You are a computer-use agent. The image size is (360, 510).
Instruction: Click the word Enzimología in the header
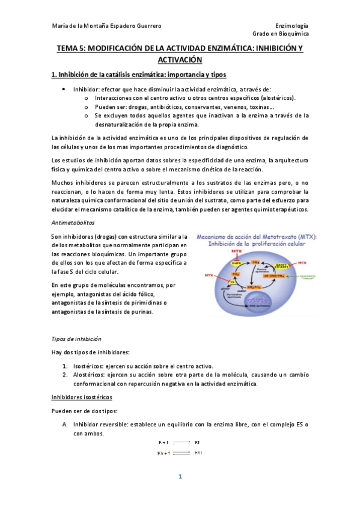[291, 26]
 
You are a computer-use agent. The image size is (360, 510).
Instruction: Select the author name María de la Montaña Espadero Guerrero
[107, 26]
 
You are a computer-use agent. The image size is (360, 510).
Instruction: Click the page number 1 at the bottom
[180, 477]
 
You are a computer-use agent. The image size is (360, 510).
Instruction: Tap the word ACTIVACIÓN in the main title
[180, 60]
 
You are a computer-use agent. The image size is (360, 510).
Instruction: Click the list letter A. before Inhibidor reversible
[64, 425]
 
